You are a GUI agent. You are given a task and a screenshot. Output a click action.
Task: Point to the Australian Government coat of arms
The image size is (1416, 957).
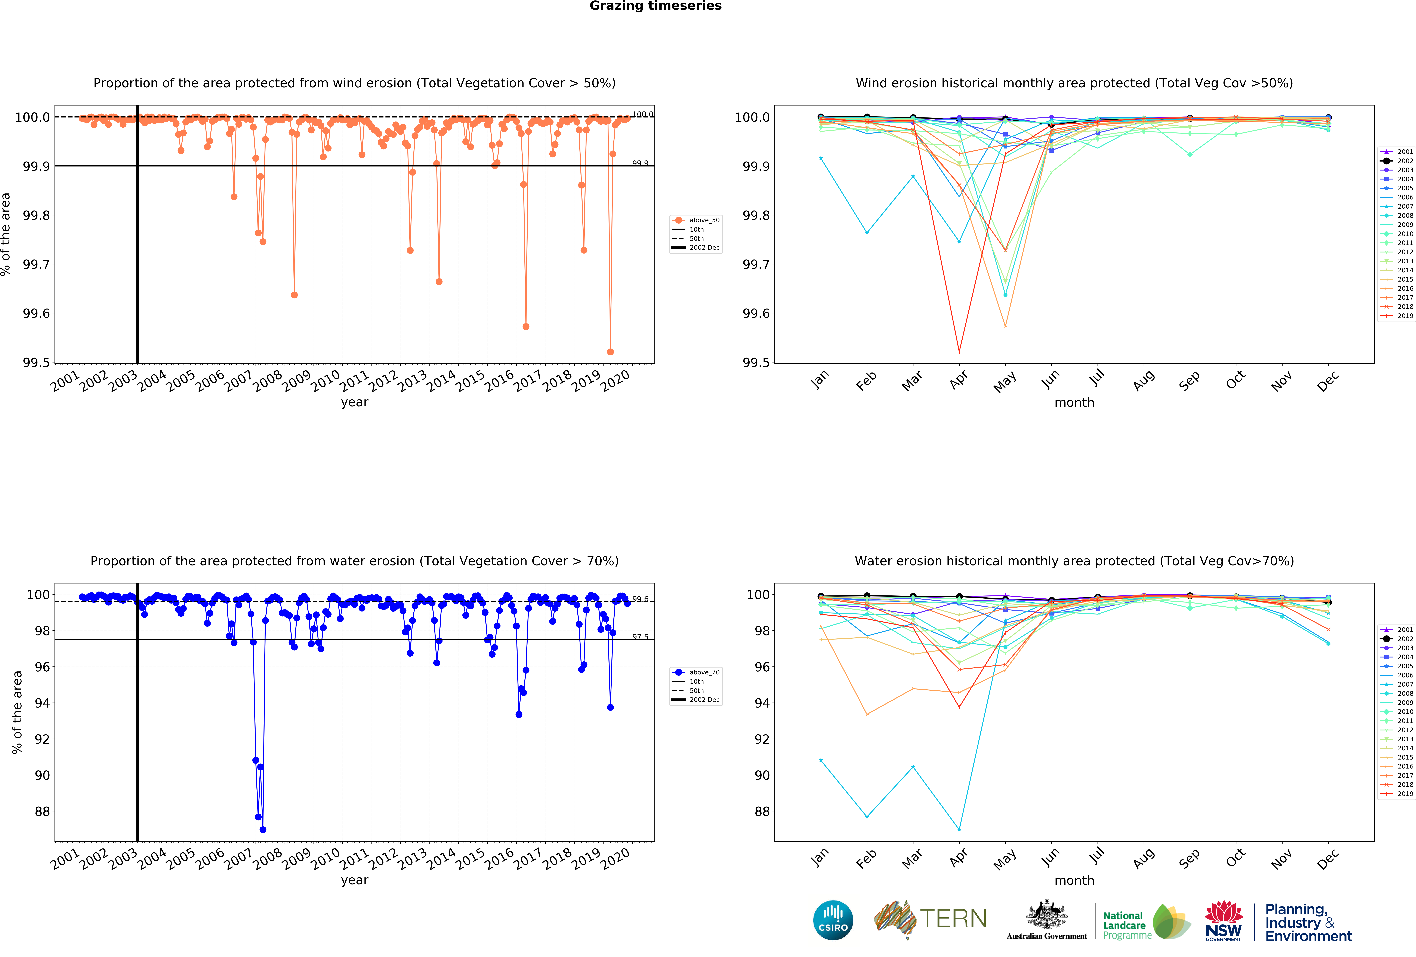coord(1046,914)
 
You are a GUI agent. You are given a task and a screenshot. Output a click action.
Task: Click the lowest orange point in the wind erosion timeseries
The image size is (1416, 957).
coord(611,352)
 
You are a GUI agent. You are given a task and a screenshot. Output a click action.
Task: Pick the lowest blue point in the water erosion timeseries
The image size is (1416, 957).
coord(263,830)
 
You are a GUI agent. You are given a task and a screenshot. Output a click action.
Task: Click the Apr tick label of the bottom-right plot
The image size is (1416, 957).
coord(958,858)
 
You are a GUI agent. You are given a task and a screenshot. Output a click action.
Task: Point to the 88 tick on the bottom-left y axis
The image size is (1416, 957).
coord(42,811)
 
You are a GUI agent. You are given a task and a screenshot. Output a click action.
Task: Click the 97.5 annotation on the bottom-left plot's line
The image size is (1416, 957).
coord(640,636)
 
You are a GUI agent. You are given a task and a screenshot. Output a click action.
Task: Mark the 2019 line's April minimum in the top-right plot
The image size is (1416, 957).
coord(959,352)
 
